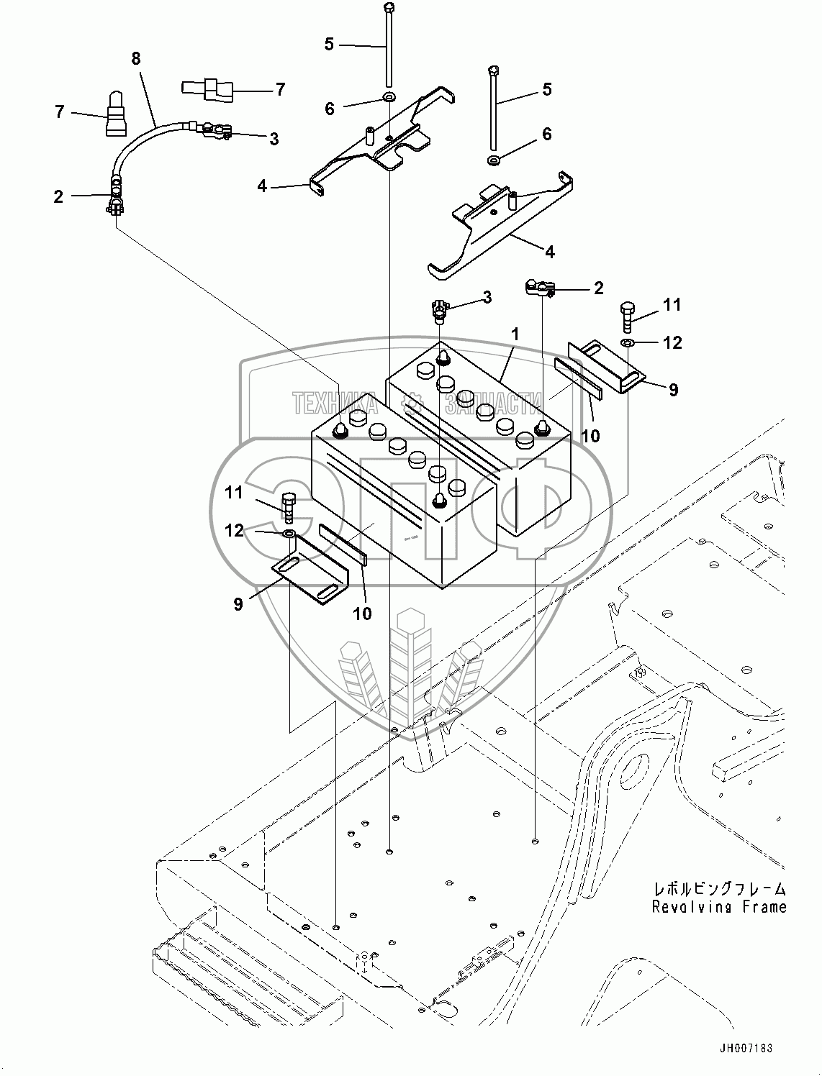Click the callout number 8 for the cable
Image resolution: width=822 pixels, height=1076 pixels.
pos(136,59)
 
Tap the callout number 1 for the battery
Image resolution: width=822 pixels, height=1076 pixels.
pos(515,334)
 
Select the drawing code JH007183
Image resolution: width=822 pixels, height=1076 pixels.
pos(745,1049)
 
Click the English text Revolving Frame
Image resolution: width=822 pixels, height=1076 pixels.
pos(719,907)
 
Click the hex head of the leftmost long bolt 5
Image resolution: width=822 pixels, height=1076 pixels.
pos(389,9)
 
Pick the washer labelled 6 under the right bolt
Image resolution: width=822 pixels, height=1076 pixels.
pos(494,159)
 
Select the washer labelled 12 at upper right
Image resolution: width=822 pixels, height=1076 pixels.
pos(628,342)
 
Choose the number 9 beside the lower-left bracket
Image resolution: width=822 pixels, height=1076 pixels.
pos(238,603)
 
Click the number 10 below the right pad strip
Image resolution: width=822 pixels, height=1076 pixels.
pos(590,435)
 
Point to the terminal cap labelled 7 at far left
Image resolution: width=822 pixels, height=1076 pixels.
pos(116,115)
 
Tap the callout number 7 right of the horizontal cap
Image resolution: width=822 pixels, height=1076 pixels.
pos(280,89)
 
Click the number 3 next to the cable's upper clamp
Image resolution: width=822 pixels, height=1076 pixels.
pos(274,138)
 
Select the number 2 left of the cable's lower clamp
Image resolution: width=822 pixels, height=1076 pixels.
pos(59,196)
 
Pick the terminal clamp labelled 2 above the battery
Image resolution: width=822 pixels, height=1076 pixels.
pos(540,288)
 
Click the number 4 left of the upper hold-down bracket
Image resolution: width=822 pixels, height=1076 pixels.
pos(262,186)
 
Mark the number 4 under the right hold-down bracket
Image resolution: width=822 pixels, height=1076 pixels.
pos(550,252)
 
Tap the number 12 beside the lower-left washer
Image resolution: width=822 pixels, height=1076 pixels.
pos(235,530)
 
